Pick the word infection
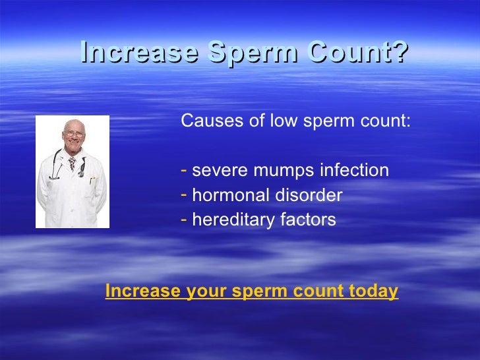(x=355, y=171)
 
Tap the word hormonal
(x=226, y=196)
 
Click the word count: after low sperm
(x=387, y=123)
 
